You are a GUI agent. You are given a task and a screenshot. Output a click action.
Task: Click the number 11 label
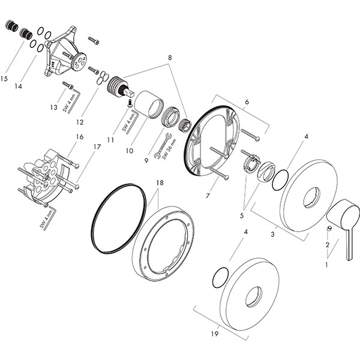point(109,139)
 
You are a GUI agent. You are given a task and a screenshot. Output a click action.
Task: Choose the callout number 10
point(129,151)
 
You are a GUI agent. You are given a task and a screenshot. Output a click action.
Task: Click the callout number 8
point(170,57)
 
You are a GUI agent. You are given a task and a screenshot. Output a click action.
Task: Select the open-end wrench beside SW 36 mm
point(160,148)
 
